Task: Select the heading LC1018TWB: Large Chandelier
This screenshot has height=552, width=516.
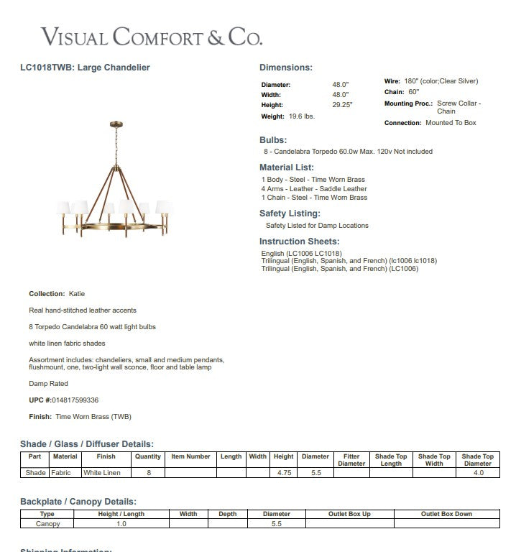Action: point(85,68)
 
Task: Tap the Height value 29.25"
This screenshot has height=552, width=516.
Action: point(341,105)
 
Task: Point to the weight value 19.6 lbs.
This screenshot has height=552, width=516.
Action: point(302,116)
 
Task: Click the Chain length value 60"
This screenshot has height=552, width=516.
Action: point(413,92)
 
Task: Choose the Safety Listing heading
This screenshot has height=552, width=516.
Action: point(290,213)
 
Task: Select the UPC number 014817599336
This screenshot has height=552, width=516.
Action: point(75,400)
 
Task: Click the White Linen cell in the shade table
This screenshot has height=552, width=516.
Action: point(102,473)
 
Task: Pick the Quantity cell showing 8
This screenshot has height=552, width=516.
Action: point(149,473)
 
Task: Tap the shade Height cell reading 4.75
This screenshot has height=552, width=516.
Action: point(284,473)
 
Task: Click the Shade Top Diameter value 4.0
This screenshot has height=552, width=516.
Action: point(478,473)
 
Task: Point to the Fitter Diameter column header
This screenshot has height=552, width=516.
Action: point(351,460)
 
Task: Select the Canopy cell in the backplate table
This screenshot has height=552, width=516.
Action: point(47,524)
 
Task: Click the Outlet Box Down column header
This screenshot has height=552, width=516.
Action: point(446,514)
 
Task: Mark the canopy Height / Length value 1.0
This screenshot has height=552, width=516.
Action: point(121,524)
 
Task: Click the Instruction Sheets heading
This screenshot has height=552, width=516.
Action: point(299,241)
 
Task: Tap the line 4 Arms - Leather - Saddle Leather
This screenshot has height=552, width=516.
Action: point(314,188)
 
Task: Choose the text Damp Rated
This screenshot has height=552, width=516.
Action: point(48,384)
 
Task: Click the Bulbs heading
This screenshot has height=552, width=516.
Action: point(273,140)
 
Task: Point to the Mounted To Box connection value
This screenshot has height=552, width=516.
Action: point(451,123)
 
